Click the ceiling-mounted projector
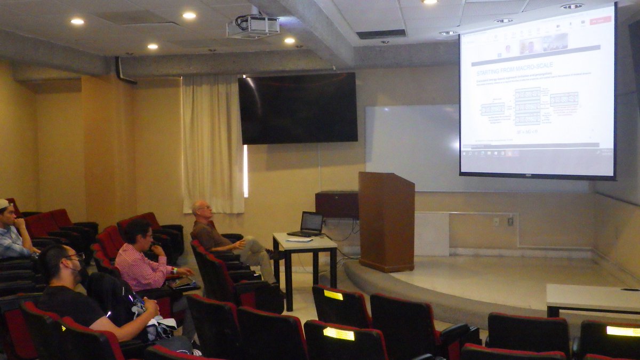(x=253, y=26)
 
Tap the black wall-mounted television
(x=298, y=108)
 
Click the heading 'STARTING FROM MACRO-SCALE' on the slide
(x=514, y=65)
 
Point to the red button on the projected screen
(x=601, y=20)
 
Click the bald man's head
(x=202, y=210)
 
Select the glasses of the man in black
(x=75, y=257)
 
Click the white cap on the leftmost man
(x=4, y=204)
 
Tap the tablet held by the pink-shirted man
(x=182, y=282)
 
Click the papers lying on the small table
(x=299, y=240)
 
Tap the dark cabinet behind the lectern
(x=337, y=204)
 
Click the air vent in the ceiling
(x=381, y=34)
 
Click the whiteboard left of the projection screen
(x=411, y=147)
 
